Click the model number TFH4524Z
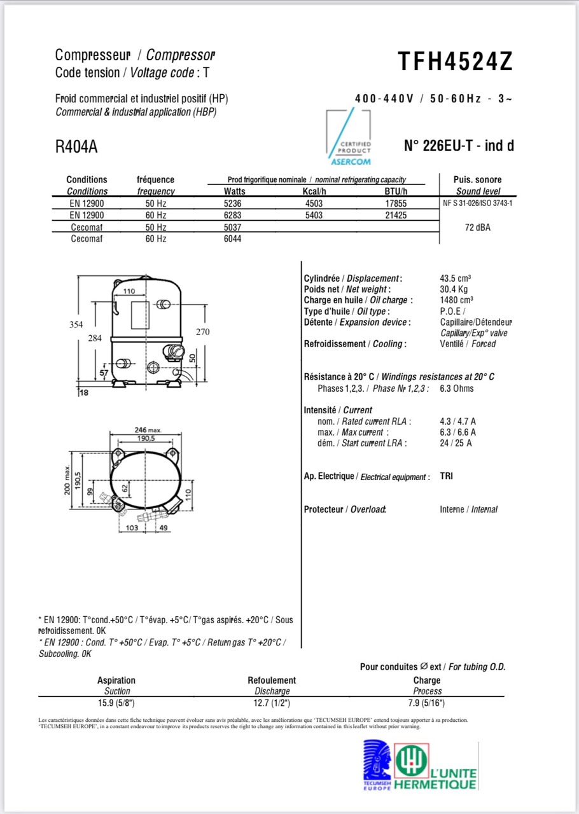click(x=455, y=62)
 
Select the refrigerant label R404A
click(x=76, y=147)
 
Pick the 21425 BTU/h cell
click(x=395, y=216)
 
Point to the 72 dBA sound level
click(x=478, y=227)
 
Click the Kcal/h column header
click(x=314, y=191)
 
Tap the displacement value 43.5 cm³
click(x=455, y=279)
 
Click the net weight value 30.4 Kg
click(x=454, y=289)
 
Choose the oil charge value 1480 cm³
click(x=456, y=300)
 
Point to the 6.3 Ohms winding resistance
click(x=456, y=389)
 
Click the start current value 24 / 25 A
click(x=456, y=443)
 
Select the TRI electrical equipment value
click(x=446, y=476)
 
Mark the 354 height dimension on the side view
click(x=76, y=324)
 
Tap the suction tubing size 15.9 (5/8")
click(x=116, y=703)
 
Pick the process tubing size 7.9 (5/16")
click(x=427, y=703)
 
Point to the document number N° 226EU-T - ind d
click(x=459, y=146)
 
